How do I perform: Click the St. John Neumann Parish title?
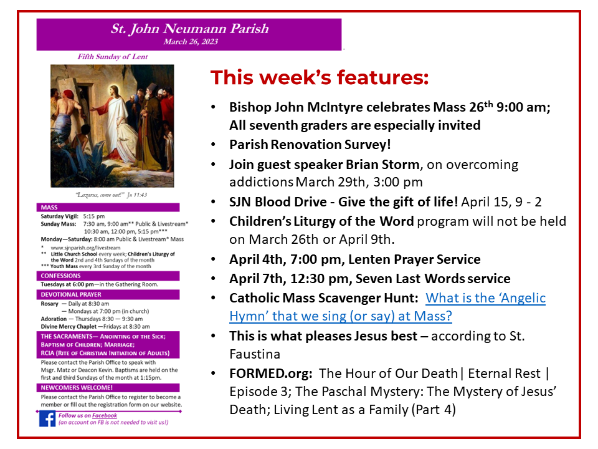pos(189,29)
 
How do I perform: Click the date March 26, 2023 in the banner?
pos(189,42)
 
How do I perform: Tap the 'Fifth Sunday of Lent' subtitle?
pos(113,57)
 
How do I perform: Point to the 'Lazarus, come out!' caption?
pos(112,194)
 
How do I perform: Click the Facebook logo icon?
pos(47,418)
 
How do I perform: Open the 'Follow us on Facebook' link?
pos(88,415)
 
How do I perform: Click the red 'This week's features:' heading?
pos(320,78)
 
